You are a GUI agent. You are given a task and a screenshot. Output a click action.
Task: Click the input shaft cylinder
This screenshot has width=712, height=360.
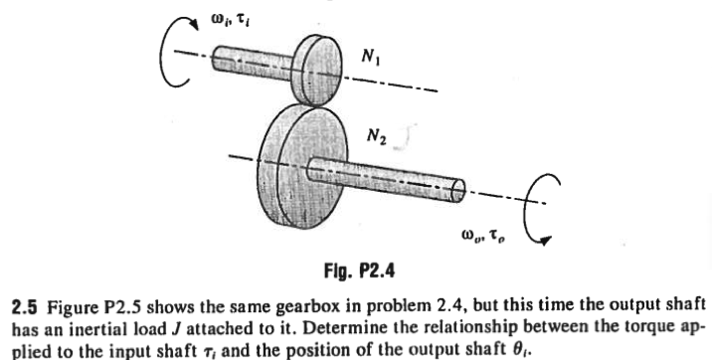[x=240, y=60]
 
